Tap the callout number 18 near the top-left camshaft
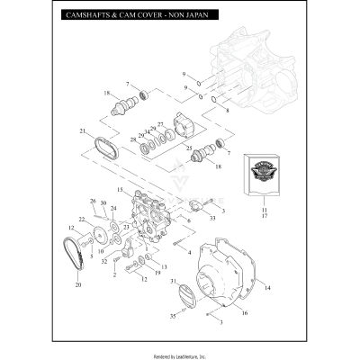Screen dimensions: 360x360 click(x=106, y=94)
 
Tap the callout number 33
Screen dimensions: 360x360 click(x=211, y=216)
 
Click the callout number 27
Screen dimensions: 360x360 click(x=161, y=124)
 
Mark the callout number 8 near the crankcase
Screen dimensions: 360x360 click(x=227, y=111)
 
